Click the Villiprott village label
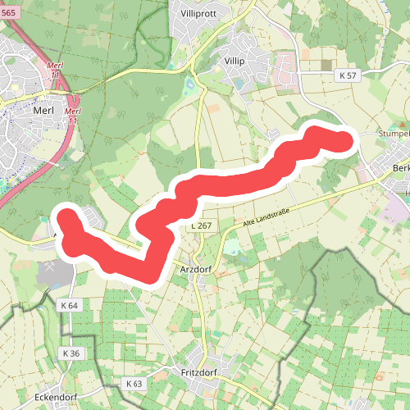point(202,13)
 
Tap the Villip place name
point(234,60)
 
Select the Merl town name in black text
point(43,107)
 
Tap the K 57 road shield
point(348,75)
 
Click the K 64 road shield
point(70,305)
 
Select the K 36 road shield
point(70,353)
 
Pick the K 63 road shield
point(134,383)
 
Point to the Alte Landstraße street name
point(266,216)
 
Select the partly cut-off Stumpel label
point(393,134)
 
